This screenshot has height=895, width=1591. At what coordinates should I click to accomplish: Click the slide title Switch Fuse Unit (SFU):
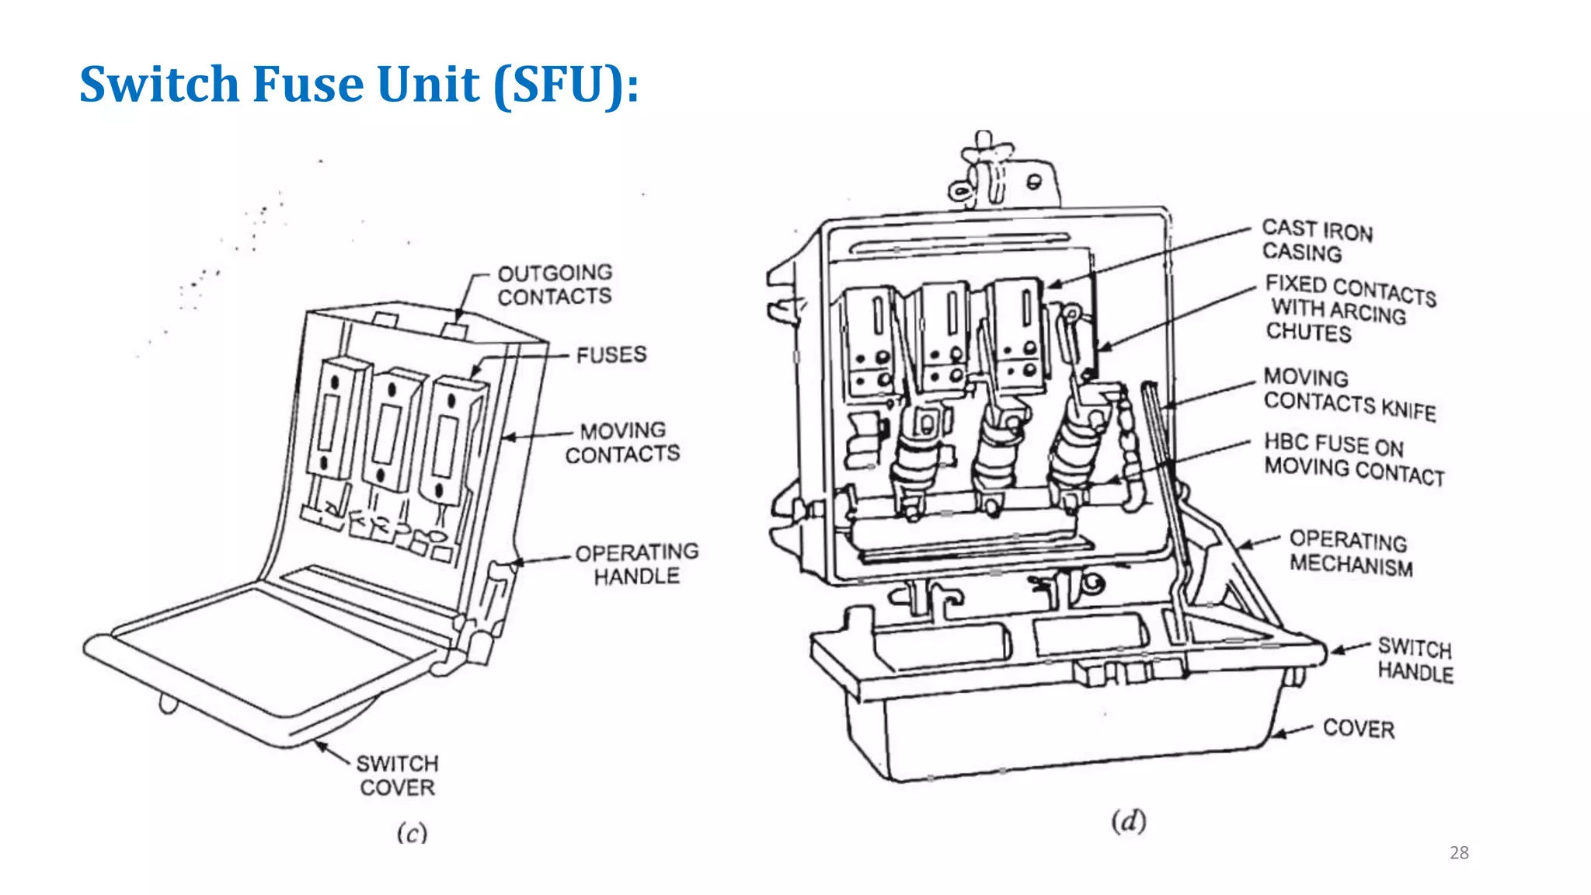pyautogui.click(x=359, y=84)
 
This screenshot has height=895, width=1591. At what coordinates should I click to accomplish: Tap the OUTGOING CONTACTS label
pyautogui.click(x=555, y=285)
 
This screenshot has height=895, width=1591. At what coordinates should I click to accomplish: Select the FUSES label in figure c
pyautogui.click(x=611, y=355)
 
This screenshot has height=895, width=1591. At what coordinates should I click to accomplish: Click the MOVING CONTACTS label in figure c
pyautogui.click(x=623, y=442)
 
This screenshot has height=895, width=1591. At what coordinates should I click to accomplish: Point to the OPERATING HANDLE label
pyautogui.click(x=637, y=564)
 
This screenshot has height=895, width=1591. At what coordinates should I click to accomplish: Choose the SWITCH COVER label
pyautogui.click(x=398, y=775)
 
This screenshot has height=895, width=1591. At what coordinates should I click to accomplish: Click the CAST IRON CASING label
pyautogui.click(x=1316, y=240)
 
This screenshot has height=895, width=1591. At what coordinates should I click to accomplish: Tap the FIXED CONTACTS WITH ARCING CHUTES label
pyautogui.click(x=1349, y=308)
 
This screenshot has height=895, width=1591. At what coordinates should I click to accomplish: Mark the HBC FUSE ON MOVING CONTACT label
pyautogui.click(x=1353, y=458)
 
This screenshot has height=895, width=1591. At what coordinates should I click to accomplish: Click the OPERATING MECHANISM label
pyautogui.click(x=1350, y=552)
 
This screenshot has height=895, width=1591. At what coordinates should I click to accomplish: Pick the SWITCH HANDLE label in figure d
pyautogui.click(x=1415, y=660)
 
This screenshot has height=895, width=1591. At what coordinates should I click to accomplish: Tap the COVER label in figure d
pyautogui.click(x=1359, y=728)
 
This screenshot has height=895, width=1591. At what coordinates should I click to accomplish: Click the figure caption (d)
pyautogui.click(x=1128, y=821)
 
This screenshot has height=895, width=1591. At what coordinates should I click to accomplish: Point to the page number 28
pyautogui.click(x=1459, y=853)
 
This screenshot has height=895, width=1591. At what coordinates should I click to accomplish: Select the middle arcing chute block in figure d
pyautogui.click(x=944, y=337)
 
